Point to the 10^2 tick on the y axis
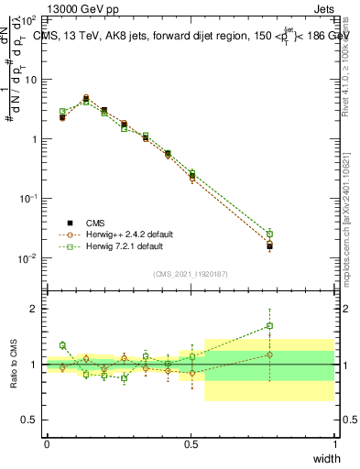pyautogui.click(x=29, y=19)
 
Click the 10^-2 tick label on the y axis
pyautogui.click(x=28, y=258)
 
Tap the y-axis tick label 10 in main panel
pyautogui.click(x=30, y=80)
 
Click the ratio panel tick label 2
pyautogui.click(x=36, y=309)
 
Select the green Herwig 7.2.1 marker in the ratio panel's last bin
pyautogui.click(x=269, y=325)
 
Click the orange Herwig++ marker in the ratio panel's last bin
pyautogui.click(x=269, y=354)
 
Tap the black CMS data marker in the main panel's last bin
pyautogui.click(x=269, y=245)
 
